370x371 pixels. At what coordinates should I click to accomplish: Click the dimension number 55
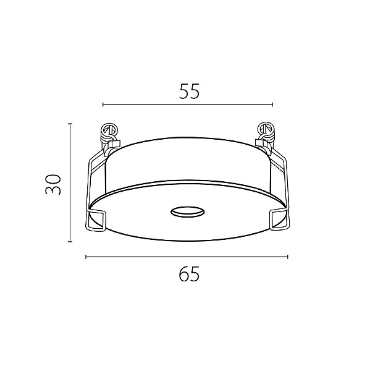click(x=190, y=92)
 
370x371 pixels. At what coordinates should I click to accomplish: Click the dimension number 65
click(x=189, y=274)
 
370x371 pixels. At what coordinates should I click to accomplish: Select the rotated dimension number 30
click(x=53, y=184)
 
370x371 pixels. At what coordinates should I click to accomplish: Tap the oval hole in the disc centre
click(x=187, y=212)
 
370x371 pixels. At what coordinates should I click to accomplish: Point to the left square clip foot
click(x=95, y=220)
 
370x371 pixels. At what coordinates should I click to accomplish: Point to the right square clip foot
click(x=279, y=220)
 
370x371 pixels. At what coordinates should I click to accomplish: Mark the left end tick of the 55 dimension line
click(x=103, y=104)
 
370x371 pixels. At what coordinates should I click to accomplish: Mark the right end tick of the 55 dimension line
click(x=272, y=104)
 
